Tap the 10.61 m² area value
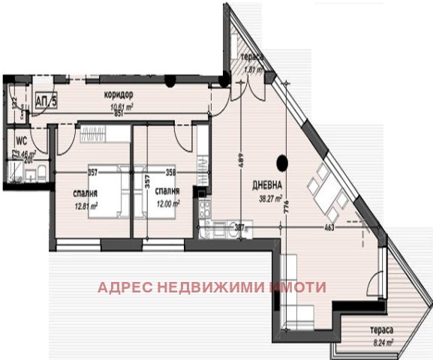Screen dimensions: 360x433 click(x=121, y=106)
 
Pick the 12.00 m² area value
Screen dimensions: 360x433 click(x=167, y=202)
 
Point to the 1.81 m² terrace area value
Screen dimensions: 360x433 click(x=250, y=70)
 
